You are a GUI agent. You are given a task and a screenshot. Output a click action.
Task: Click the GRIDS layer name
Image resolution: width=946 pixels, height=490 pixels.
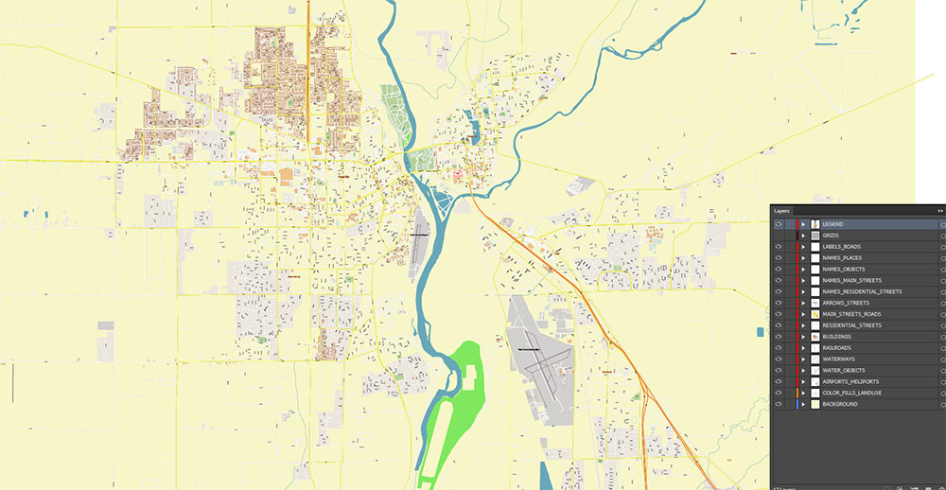coord(832,236)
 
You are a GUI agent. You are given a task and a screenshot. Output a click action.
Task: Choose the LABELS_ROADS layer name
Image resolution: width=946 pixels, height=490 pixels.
coord(842,247)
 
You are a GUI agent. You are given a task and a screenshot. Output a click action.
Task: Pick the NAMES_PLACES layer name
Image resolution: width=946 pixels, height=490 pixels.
coord(842,258)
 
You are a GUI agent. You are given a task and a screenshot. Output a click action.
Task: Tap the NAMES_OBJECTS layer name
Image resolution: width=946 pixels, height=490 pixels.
coord(844,270)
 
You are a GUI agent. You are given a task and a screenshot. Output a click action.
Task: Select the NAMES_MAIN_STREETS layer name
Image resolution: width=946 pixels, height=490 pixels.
coord(851,280)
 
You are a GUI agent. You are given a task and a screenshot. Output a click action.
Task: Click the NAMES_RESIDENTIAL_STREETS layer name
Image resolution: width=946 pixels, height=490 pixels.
coord(862,291)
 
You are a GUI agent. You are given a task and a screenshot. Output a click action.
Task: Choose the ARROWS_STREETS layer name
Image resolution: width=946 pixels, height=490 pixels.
coord(846,303)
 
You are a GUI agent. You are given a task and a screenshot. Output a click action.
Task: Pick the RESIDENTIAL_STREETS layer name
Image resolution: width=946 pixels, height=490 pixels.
coord(851,325)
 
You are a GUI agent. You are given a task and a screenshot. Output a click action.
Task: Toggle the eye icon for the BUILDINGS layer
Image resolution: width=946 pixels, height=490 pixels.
coord(778,337)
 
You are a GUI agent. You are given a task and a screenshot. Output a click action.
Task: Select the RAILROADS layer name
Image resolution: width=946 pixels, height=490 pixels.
coord(837,348)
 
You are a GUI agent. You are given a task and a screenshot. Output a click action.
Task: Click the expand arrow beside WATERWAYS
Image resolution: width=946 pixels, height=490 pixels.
coord(803,359)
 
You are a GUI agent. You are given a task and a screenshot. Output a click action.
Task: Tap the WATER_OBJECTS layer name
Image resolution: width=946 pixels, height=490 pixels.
coord(844,370)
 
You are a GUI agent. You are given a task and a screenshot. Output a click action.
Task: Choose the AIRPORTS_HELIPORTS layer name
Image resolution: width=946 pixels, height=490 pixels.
coord(850,381)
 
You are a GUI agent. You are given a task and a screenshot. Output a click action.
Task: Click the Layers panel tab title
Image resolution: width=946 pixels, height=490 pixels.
coord(781,210)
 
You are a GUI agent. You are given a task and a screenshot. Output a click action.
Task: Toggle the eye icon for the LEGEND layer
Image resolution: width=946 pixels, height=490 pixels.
coord(778,224)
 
